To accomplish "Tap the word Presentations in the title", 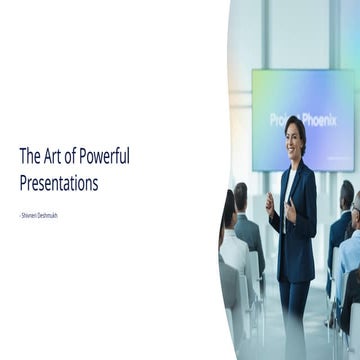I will pyautogui.click(x=59, y=183).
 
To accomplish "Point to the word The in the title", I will pyautogui.click(x=29, y=156).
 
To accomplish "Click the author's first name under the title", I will pyautogui.click(x=29, y=214).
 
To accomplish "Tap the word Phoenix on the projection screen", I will pyautogui.click(x=317, y=119).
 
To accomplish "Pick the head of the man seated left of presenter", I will pyautogui.click(x=241, y=193).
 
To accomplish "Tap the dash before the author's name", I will pyautogui.click(x=20, y=214).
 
